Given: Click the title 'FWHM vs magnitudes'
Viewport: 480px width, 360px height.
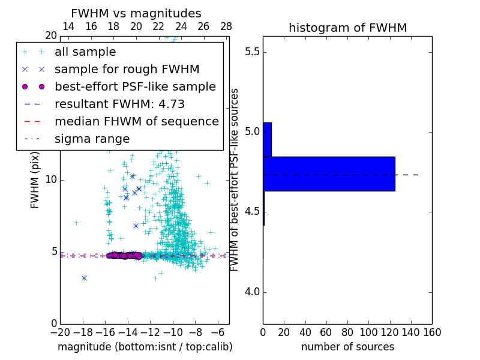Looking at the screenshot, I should [x=136, y=13].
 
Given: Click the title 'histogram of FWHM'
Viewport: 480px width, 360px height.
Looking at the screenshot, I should [x=347, y=28].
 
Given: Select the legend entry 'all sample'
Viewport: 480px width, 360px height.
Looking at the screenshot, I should [x=85, y=52].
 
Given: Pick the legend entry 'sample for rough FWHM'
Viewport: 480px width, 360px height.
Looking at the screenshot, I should [x=127, y=69].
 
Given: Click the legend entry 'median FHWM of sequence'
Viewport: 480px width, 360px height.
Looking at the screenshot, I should [x=136, y=121].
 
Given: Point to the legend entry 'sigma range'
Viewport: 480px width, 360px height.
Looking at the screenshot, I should [x=92, y=139].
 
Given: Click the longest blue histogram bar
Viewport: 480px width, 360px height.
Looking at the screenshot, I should [x=329, y=174].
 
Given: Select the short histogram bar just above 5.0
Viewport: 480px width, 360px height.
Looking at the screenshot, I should [x=267, y=140].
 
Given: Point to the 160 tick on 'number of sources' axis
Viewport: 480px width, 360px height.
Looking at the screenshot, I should [x=431, y=332].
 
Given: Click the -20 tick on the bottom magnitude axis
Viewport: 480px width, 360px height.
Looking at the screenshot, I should [x=60, y=332].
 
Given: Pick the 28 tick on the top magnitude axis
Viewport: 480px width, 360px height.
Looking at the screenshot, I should [x=226, y=26].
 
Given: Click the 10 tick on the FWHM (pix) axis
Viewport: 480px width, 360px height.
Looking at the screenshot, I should [x=50, y=180].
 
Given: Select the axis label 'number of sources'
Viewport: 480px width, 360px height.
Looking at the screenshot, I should [x=347, y=347].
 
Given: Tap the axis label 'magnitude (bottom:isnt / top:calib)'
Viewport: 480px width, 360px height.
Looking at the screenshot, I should [x=145, y=347].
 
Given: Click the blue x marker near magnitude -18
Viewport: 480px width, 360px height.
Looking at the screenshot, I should [x=84, y=278].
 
